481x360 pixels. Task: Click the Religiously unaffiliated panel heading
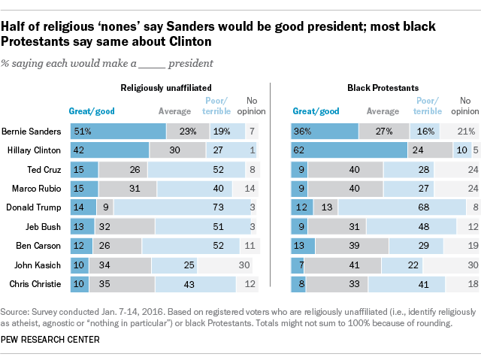(162, 88)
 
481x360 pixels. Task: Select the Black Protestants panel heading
(383, 88)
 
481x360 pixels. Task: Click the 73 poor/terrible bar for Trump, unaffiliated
(182, 206)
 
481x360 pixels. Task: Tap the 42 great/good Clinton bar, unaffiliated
(109, 150)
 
